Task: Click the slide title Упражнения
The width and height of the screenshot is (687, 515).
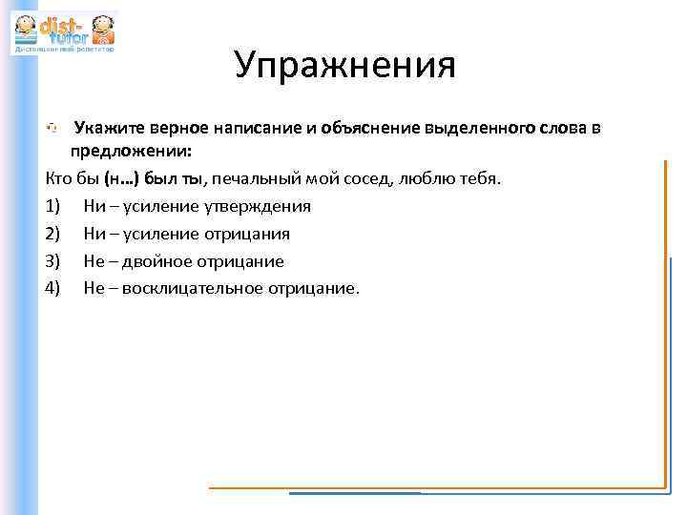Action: (344, 66)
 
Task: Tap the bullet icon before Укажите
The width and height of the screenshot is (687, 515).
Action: (54, 128)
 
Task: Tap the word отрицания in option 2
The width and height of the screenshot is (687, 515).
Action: (249, 234)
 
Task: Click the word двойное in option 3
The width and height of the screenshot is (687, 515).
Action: (155, 261)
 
